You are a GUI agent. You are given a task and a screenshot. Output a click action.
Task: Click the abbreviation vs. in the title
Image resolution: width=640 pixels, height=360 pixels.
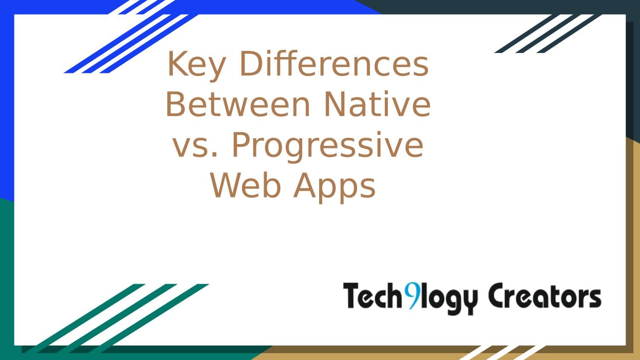pos(195,145)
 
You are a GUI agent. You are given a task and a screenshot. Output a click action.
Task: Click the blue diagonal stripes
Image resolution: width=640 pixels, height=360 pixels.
pos(128,43)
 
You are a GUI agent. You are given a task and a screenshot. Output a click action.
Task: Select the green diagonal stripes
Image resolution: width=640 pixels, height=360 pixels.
pos(115,318)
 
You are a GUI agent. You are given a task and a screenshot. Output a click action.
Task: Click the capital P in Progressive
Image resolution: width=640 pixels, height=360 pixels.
pos(241,145)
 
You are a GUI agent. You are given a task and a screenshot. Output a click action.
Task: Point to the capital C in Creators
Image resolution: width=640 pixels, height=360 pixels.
pos(498,296)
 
